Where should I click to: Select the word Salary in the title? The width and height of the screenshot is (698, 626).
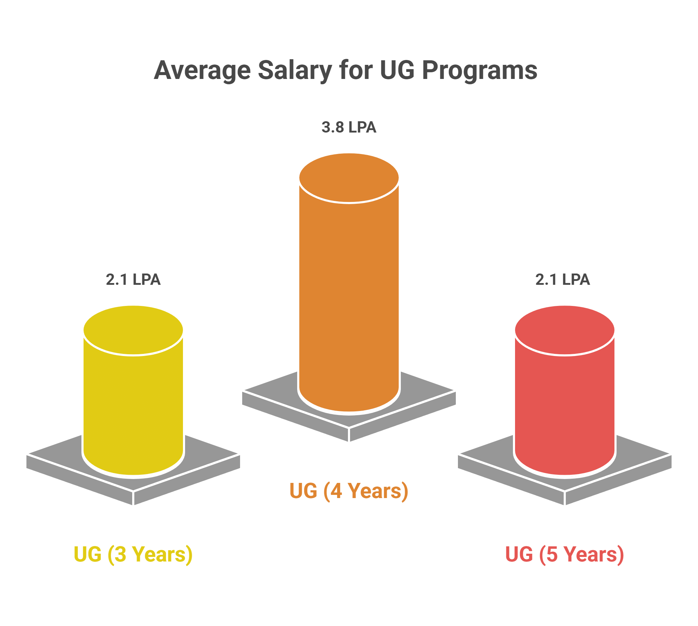pos(295,70)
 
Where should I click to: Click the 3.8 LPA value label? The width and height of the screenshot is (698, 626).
pos(349,127)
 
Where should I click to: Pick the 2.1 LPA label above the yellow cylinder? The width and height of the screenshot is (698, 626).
pos(133,280)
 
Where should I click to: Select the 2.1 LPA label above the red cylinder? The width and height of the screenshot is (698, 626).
pos(563,280)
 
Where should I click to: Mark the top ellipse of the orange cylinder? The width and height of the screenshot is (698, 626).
pos(349,178)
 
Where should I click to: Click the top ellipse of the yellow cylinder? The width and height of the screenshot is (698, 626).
pos(133,330)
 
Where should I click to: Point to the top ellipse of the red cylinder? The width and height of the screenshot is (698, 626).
pos(565,330)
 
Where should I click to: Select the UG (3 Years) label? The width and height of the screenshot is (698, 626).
pos(133,554)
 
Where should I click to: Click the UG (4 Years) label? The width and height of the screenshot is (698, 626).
pos(349,491)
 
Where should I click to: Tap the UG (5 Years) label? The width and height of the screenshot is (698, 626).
pos(564,554)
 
